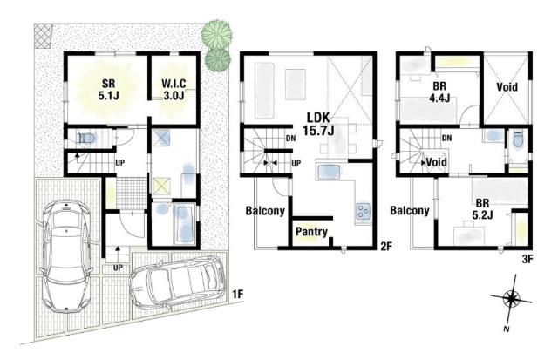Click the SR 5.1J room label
108,89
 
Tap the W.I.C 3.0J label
174,89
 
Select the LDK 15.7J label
318,124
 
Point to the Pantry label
312,232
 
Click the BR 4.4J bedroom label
439,92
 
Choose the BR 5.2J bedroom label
482,209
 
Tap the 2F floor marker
386,246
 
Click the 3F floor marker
527,259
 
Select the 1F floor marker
238,295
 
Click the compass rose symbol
511,299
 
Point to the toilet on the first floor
86,138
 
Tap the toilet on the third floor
518,139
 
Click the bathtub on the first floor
185,224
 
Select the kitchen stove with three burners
363,211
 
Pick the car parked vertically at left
66,256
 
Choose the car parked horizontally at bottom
178,283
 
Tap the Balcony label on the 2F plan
265,211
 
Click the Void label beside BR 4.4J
507,87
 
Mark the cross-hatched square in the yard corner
44,36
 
